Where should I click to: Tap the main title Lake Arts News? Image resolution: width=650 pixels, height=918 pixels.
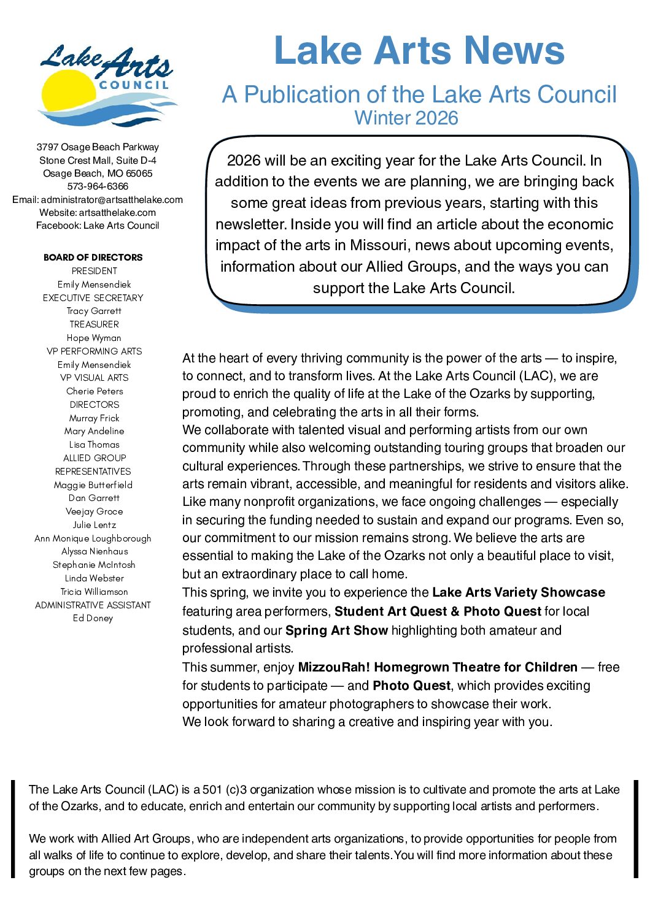pyautogui.click(x=419, y=51)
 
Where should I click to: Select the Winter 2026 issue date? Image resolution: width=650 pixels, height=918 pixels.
pyautogui.click(x=406, y=118)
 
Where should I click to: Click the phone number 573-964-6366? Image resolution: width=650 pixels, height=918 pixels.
pyautogui.click(x=98, y=186)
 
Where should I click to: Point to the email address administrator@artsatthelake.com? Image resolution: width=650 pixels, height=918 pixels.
pyautogui.click(x=112, y=200)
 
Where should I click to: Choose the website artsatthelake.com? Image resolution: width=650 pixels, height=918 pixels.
pyautogui.click(x=117, y=213)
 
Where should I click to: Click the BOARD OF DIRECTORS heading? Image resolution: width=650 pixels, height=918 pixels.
pyautogui.click(x=93, y=258)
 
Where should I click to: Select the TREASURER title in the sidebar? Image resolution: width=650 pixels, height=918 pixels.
pyautogui.click(x=94, y=324)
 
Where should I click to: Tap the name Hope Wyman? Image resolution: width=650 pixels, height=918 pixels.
pyautogui.click(x=94, y=338)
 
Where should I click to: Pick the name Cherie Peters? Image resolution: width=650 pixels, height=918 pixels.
pyautogui.click(x=95, y=391)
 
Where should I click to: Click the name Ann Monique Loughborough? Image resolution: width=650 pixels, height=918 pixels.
pyautogui.click(x=93, y=538)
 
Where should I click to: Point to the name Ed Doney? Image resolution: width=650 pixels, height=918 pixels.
pyautogui.click(x=93, y=618)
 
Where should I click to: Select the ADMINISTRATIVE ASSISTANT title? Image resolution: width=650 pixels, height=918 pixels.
pyautogui.click(x=93, y=605)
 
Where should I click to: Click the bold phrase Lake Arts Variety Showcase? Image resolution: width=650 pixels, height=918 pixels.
pyautogui.click(x=519, y=592)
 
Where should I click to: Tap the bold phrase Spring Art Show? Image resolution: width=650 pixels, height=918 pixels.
pyautogui.click(x=336, y=630)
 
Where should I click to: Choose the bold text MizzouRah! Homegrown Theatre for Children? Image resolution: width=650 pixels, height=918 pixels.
pyautogui.click(x=438, y=667)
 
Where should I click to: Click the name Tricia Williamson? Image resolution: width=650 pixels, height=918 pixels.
pyautogui.click(x=94, y=592)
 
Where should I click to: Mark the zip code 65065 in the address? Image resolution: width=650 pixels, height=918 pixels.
pyautogui.click(x=139, y=174)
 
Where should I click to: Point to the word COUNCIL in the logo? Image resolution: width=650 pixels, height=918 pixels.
pyautogui.click(x=134, y=85)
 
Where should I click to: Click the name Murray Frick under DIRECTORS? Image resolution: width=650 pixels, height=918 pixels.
pyautogui.click(x=94, y=418)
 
